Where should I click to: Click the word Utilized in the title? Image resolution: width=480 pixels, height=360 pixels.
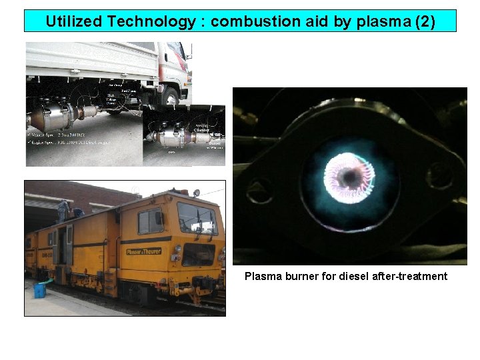[72, 21]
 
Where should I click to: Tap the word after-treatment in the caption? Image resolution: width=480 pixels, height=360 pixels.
[417, 276]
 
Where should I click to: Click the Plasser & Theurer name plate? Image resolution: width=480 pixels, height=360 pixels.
[144, 251]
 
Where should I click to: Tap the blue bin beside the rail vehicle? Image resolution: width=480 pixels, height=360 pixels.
[40, 291]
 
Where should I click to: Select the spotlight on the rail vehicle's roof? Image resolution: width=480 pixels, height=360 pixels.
[196, 193]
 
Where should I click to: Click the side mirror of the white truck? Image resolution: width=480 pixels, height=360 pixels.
[189, 50]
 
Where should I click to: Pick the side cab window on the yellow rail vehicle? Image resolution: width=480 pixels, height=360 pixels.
[150, 221]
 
